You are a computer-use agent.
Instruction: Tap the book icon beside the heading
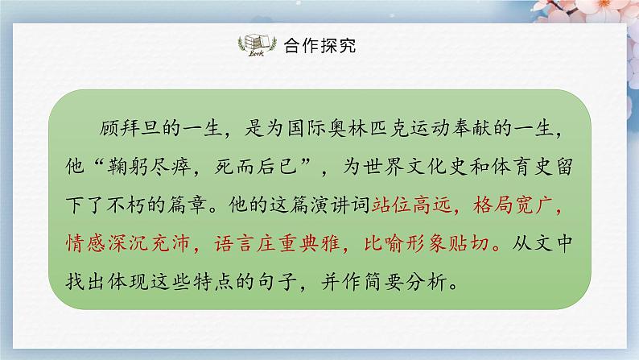256,46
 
